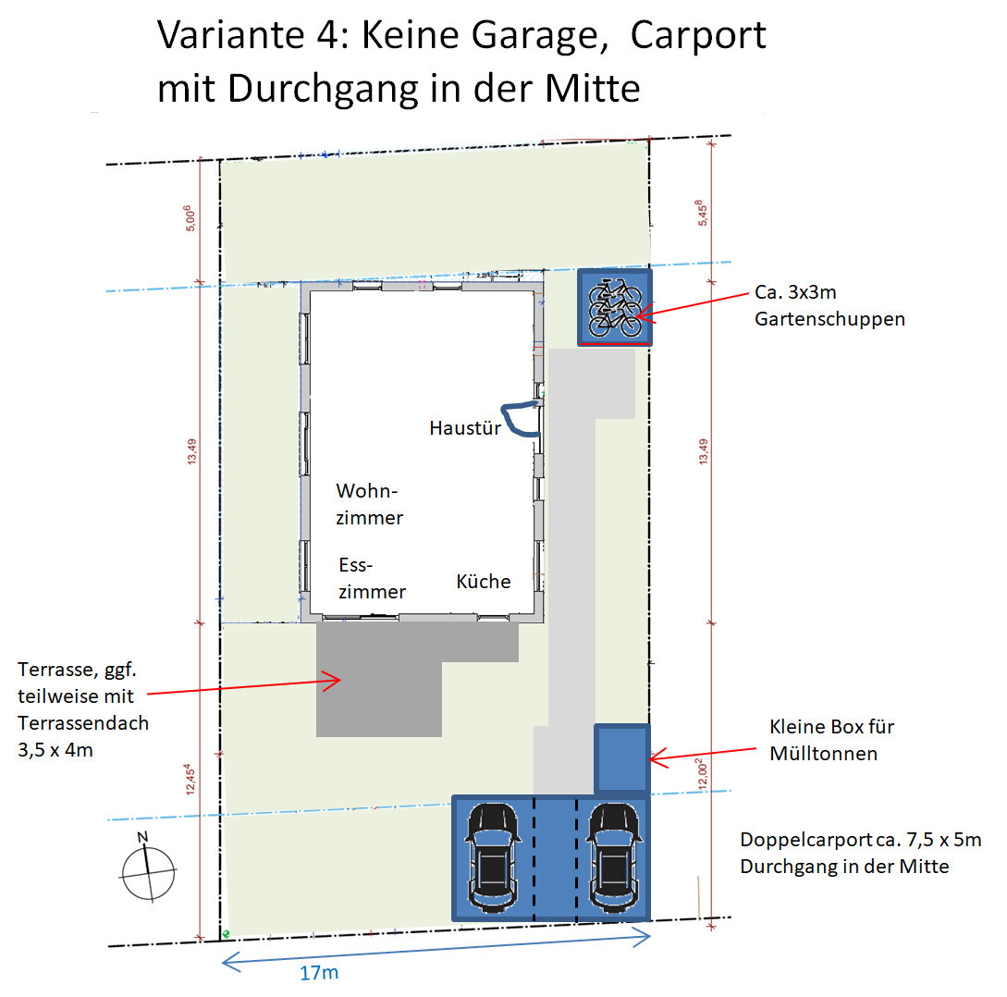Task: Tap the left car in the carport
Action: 493,857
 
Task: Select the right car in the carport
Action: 615,857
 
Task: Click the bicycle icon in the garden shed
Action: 615,308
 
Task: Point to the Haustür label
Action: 465,428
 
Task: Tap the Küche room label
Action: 483,582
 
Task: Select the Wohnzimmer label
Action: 369,504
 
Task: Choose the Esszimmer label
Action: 372,578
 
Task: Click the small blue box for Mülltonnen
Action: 621,758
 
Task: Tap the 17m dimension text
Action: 319,973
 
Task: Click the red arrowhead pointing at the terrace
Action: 332,681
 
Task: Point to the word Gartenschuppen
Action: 829,319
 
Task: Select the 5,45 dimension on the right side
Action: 702,213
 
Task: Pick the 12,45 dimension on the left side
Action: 190,779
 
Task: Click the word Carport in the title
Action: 698,36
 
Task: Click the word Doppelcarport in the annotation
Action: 806,841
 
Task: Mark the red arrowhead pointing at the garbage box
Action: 659,758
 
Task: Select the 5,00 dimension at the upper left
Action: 190,218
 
